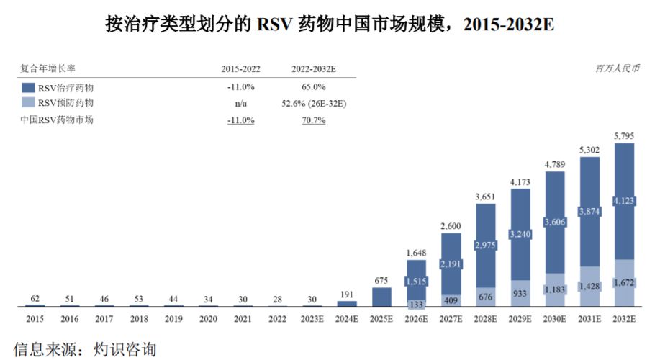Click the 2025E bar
(x=381, y=297)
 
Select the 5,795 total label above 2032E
(x=624, y=135)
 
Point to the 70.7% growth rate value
(x=314, y=120)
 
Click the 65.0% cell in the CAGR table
(x=314, y=87)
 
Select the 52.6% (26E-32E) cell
(x=314, y=104)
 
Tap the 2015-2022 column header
(x=240, y=69)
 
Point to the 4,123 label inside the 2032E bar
(x=624, y=199)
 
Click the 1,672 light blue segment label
(x=624, y=282)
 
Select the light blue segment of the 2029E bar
(x=520, y=292)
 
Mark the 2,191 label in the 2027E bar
(x=451, y=264)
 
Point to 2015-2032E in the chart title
(x=508, y=25)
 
